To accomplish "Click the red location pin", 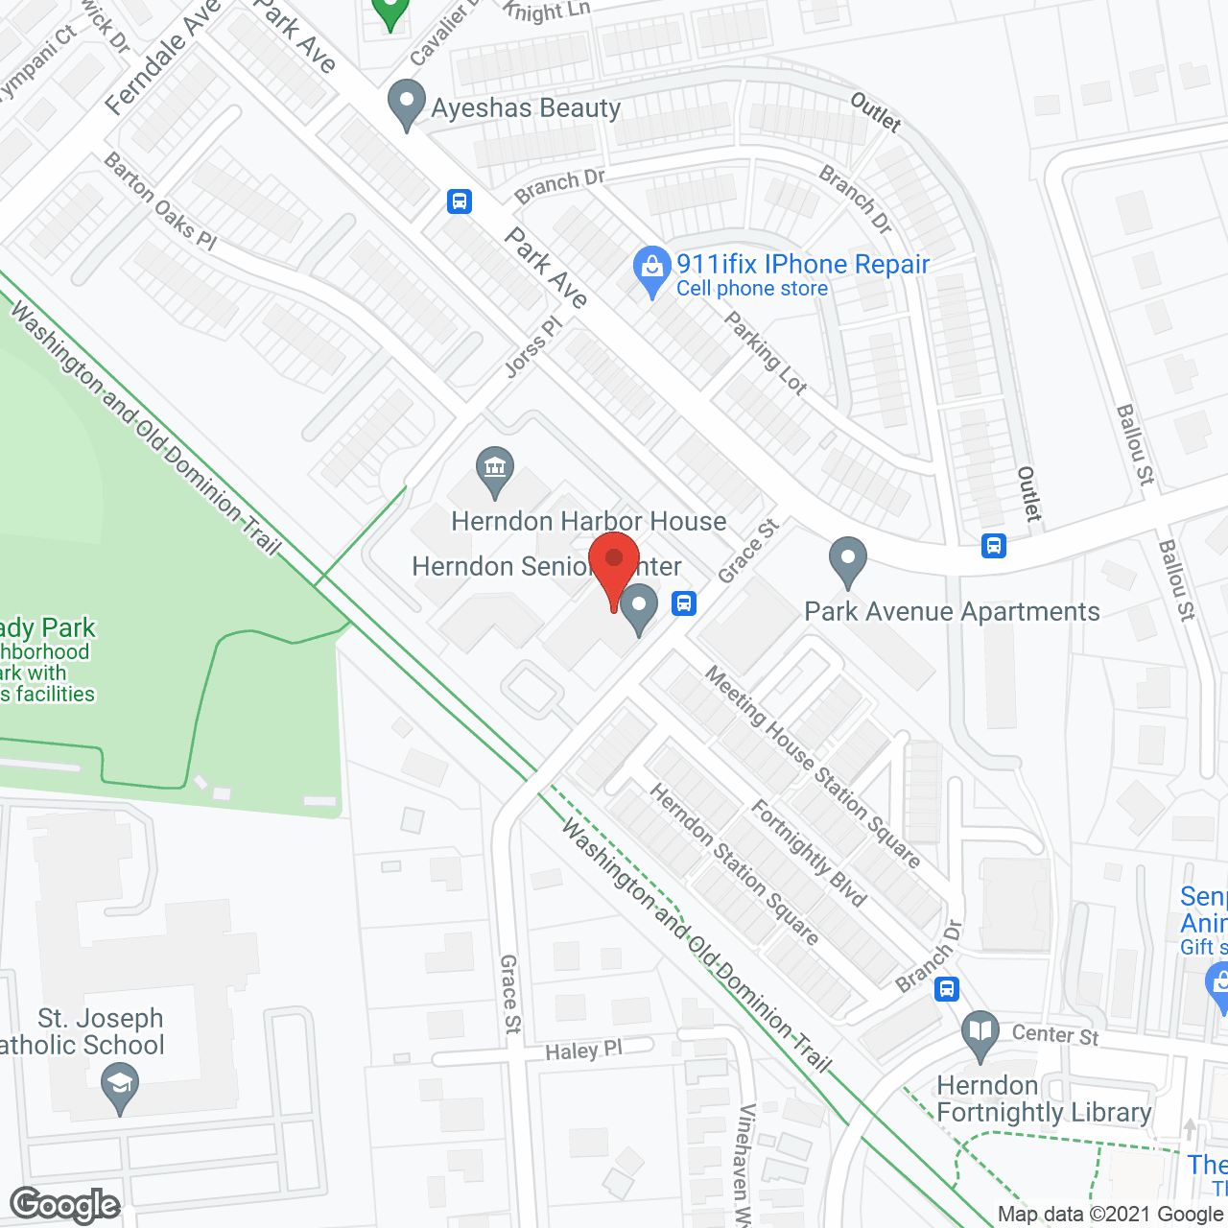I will point(614,565).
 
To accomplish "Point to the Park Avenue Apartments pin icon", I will point(848,561).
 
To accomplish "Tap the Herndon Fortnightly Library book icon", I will point(980,1035).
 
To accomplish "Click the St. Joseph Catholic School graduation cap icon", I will point(120,1087).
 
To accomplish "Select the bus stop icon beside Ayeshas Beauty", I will point(460,201).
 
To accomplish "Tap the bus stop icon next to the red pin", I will point(684,602).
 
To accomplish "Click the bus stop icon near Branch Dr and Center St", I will point(947,988).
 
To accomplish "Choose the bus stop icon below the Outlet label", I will point(993,546).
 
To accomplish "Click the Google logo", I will point(65,1205).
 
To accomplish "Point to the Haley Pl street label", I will point(583,1051).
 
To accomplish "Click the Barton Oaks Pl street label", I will point(160,201).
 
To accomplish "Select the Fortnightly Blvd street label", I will point(809,853).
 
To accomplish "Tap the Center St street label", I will point(1055,1034).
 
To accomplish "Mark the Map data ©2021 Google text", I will point(1110,1215).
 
